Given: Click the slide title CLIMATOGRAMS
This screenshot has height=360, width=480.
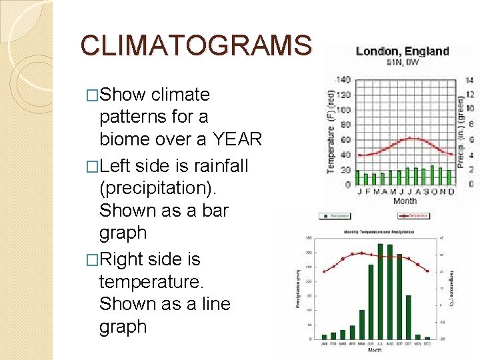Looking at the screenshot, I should (195, 45).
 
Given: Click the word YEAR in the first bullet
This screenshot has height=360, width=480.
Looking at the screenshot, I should (238, 139).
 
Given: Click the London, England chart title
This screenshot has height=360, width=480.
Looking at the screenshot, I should (402, 51).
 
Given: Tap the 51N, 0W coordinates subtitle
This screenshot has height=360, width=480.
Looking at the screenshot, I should (403, 62).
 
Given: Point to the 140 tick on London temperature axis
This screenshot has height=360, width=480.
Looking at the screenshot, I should (343, 79).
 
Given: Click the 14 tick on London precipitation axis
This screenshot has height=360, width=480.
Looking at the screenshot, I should (469, 79).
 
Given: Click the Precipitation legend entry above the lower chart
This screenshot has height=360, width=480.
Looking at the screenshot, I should (336, 216).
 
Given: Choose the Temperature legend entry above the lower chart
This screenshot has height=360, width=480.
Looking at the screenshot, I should (414, 216).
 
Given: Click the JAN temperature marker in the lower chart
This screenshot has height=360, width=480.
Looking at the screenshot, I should (325, 272).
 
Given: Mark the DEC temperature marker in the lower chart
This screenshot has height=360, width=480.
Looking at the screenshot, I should (427, 271).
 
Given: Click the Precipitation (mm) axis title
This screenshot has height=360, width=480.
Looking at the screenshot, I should (298, 288).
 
